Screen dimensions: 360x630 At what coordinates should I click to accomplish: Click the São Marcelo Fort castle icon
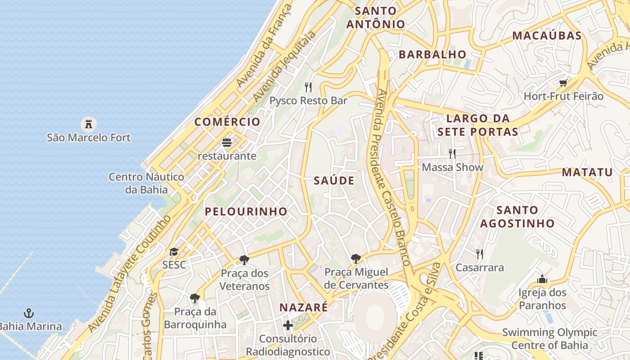89,123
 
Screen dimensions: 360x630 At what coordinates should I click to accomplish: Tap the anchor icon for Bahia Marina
29,313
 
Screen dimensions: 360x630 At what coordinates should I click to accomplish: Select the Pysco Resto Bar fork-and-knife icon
308,87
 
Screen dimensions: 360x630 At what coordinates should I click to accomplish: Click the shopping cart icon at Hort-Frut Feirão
563,83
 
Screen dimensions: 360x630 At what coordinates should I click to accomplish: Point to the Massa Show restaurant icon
452,154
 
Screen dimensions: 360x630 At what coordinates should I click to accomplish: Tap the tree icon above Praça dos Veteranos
244,260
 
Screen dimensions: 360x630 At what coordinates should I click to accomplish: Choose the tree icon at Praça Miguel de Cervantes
356,258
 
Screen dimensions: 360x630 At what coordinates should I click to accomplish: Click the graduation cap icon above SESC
174,252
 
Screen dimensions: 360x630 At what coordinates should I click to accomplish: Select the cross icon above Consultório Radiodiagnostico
288,325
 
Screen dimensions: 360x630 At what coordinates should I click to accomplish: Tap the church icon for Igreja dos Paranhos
542,279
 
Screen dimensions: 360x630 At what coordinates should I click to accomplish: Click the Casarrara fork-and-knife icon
480,254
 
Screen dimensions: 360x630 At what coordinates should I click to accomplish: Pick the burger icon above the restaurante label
227,143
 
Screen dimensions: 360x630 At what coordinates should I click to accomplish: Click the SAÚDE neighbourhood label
334,181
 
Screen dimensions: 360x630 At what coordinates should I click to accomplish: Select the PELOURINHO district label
246,211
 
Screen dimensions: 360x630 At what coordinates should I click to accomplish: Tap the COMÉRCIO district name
227,122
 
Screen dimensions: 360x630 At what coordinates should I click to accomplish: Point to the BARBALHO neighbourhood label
432,55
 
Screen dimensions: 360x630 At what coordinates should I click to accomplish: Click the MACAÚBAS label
547,36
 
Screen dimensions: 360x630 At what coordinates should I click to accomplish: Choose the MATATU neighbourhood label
587,172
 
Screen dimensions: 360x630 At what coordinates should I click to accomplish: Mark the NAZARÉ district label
304,308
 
